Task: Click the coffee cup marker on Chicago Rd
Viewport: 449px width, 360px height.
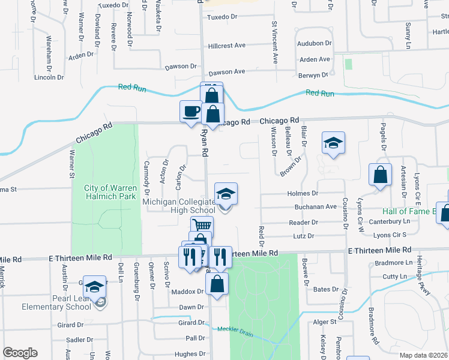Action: click(191, 112)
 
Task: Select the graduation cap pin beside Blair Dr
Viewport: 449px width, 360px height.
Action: click(333, 143)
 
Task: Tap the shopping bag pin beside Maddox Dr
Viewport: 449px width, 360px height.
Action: click(217, 284)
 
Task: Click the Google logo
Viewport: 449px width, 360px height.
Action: click(20, 353)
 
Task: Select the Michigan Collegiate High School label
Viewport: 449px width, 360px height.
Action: click(178, 206)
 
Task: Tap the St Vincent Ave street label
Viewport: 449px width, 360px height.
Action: click(275, 43)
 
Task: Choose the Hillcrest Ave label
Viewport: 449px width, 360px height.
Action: click(227, 46)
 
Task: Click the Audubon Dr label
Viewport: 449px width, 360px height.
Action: click(315, 44)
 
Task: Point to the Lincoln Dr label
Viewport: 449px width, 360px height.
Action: click(49, 77)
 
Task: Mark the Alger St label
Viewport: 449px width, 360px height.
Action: click(325, 322)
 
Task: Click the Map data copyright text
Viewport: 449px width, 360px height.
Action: click(423, 355)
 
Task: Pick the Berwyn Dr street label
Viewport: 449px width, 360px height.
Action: click(313, 75)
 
